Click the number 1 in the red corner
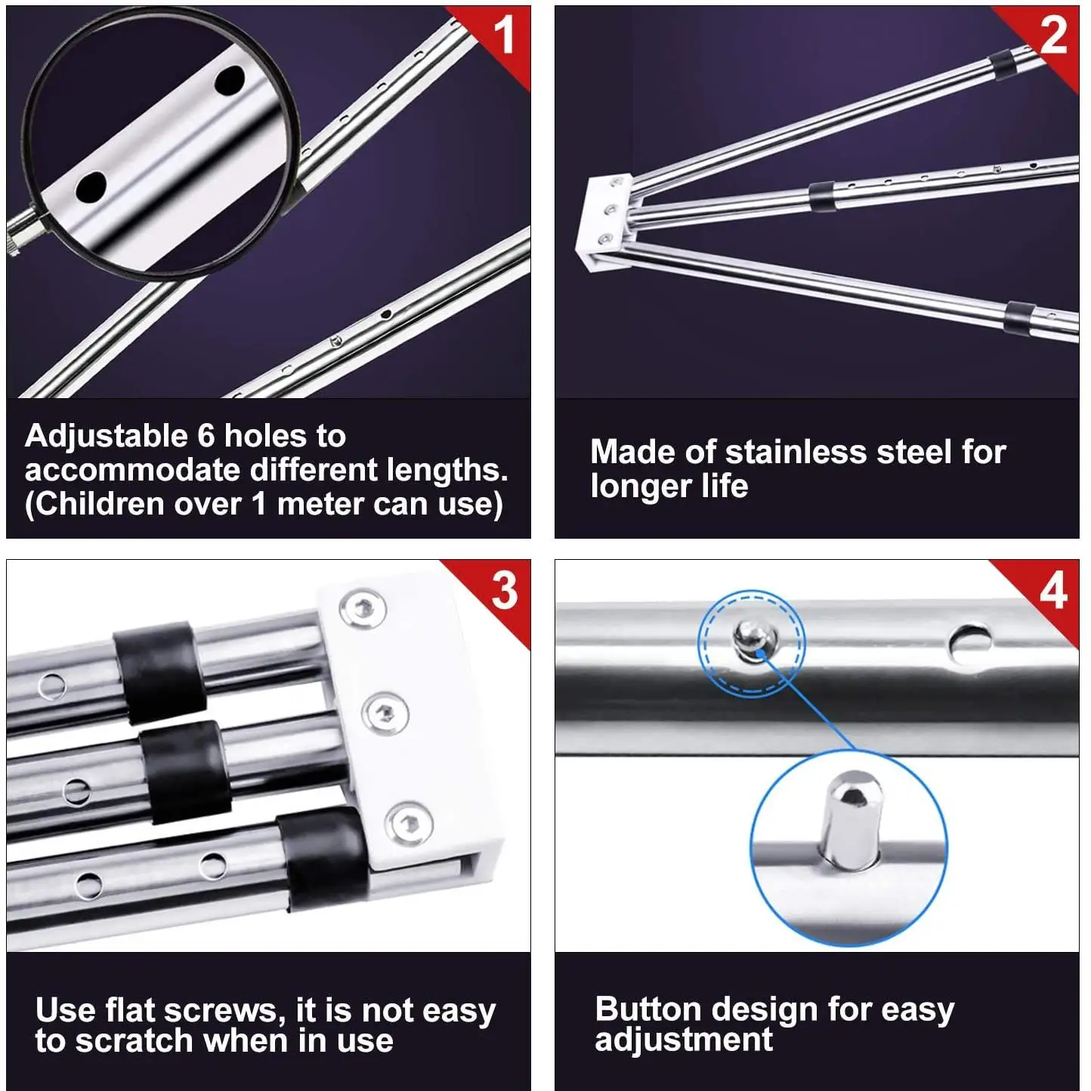click(503, 34)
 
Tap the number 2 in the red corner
click(1054, 35)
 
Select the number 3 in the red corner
click(505, 591)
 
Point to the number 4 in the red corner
click(1053, 591)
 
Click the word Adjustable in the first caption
click(107, 437)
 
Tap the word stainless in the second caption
click(796, 452)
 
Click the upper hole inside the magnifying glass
click(229, 80)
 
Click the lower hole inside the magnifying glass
click(91, 187)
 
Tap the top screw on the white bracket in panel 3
click(363, 609)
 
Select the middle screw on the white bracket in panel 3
click(385, 712)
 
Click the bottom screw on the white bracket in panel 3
click(409, 824)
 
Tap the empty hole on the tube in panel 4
click(970, 644)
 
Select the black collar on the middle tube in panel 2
click(823, 196)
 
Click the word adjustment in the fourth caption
click(684, 1040)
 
